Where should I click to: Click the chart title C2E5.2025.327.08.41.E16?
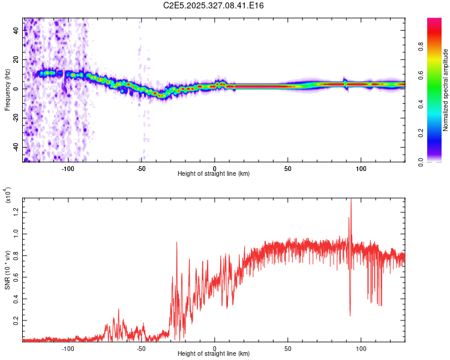click(214, 5)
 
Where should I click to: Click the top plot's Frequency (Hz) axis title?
click(7, 90)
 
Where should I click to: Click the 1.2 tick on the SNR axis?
click(17, 210)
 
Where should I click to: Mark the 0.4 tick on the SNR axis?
click(17, 298)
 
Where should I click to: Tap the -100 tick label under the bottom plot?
click(68, 349)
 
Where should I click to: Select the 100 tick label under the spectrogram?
click(361, 169)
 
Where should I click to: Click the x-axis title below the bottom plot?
click(214, 355)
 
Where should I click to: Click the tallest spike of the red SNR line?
click(351, 200)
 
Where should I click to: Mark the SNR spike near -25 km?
click(176, 243)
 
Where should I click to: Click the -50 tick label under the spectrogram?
click(141, 169)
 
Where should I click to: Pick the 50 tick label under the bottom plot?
click(288, 349)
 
